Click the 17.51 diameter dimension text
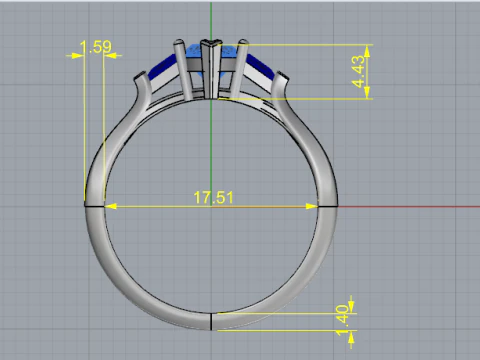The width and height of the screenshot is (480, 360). click(x=213, y=198)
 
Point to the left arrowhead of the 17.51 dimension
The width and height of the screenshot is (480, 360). click(x=109, y=205)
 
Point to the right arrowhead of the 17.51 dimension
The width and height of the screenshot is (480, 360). click(x=312, y=205)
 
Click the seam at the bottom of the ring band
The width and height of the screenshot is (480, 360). click(x=211, y=321)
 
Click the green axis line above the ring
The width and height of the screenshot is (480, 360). click(x=212, y=20)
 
